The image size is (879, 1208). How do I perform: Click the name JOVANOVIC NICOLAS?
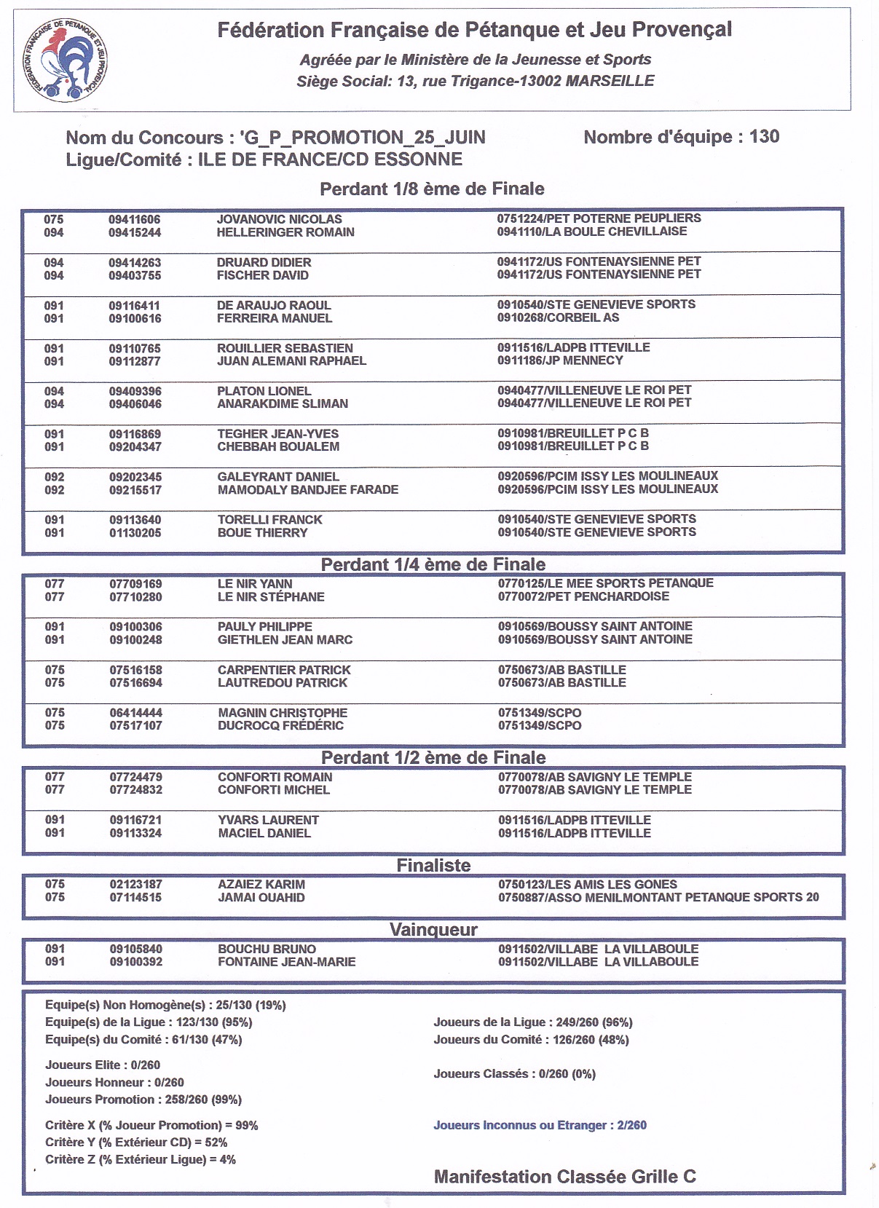tap(279, 219)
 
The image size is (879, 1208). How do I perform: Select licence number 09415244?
tap(135, 233)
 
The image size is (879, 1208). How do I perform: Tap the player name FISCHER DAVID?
tap(262, 275)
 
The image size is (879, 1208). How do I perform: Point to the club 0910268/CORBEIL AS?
tap(558, 317)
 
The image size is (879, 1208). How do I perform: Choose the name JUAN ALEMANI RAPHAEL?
tap(291, 361)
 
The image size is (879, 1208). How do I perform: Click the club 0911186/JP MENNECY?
tap(560, 360)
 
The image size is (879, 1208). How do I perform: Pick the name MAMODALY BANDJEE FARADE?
tap(307, 490)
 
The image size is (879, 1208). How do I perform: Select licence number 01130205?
tap(135, 533)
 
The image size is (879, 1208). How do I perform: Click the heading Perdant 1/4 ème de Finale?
tap(433, 564)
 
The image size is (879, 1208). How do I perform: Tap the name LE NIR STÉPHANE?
tap(271, 597)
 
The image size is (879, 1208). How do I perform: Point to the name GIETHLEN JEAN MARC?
tap(285, 640)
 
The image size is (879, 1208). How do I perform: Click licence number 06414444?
tap(136, 713)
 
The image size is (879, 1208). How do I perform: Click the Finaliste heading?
tap(433, 865)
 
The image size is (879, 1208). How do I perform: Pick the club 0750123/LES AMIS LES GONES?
tap(587, 885)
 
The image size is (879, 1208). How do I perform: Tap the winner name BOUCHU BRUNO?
tap(267, 950)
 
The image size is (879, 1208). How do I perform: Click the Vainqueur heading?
tap(433, 930)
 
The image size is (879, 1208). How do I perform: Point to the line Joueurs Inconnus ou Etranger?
tap(540, 1125)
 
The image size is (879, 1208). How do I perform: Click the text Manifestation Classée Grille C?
tap(564, 1177)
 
